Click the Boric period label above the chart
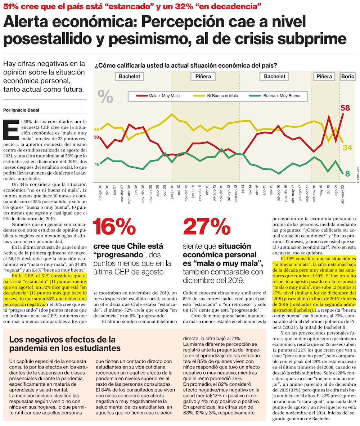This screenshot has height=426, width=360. [348, 76]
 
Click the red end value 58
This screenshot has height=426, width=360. [345, 108]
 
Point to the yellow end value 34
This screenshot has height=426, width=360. [347, 148]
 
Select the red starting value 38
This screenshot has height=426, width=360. [96, 137]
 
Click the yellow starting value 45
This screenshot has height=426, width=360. [96, 129]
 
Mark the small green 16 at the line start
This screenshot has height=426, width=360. [96, 164]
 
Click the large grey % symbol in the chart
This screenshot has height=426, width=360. [105, 96]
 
